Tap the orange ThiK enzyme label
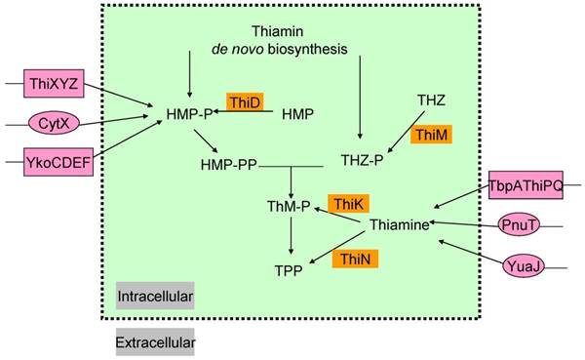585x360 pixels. pos(347,203)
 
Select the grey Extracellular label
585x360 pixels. pos(154,343)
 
